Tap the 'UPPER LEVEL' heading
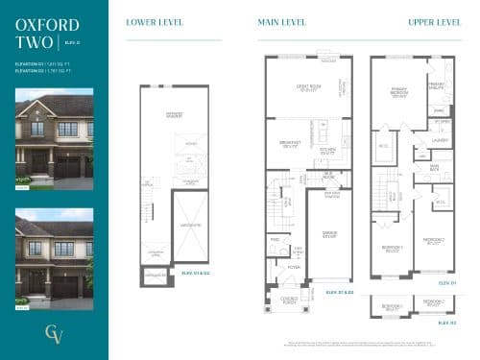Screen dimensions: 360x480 click(x=434, y=21)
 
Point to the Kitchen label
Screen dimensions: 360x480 click(x=326, y=152)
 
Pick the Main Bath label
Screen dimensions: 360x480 click(x=434, y=167)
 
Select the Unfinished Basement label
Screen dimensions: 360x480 click(x=175, y=116)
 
